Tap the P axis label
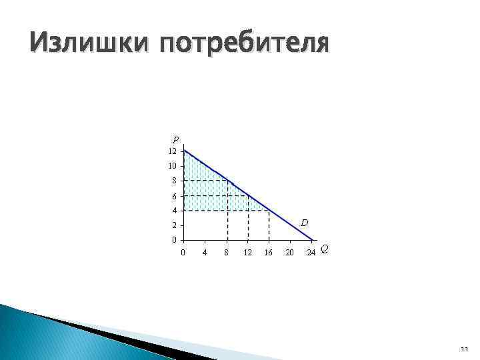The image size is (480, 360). coord(175,140)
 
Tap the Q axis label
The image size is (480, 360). coord(324,249)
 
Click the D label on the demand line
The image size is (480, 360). coord(303,221)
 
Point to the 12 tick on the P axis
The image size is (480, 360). coord(173,151)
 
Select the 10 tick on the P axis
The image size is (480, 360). coord(173,166)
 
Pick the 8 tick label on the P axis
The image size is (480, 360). coord(175,181)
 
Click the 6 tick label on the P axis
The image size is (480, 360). coord(175,196)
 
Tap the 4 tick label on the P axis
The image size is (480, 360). coord(175,211)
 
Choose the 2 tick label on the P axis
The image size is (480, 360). coord(175,225)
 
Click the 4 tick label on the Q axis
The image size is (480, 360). coord(205,252)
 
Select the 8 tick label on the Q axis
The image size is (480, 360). coord(227,252)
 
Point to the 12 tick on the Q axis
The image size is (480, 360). coord(248,252)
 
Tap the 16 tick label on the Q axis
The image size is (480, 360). coord(269,252)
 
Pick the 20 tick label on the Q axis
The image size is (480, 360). coord(290,252)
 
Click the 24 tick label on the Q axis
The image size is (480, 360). coord(311,252)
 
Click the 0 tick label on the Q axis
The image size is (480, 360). coord(183,252)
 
